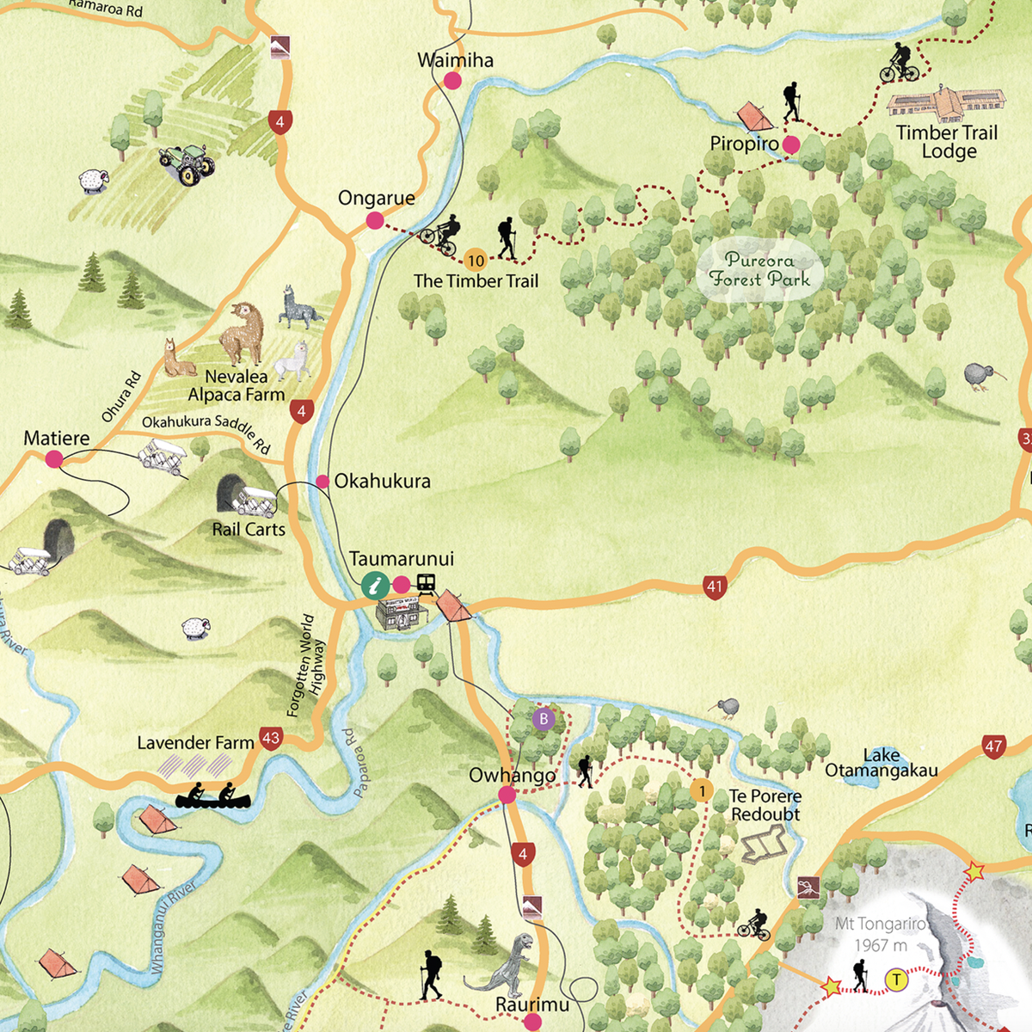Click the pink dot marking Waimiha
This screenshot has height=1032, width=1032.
pos(452,81)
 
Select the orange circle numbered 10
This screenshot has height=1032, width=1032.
pos(476,261)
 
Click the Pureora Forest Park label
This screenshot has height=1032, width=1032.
pos(759,270)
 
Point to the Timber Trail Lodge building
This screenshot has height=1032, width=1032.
pos(945,102)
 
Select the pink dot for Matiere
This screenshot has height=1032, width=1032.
pos(54,459)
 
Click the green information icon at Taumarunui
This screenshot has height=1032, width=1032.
pos(375,586)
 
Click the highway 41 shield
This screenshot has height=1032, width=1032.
pos(715,587)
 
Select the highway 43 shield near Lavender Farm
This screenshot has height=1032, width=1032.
pos(271,738)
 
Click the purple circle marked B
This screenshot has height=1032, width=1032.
pos(544,719)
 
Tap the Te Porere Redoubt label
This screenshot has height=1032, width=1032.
pos(765,805)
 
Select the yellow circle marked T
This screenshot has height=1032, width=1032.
pos(897,980)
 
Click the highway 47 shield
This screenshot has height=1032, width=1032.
pos(993,746)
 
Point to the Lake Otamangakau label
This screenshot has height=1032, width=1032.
pos(881,763)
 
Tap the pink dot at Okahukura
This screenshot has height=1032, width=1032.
pos(322,482)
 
